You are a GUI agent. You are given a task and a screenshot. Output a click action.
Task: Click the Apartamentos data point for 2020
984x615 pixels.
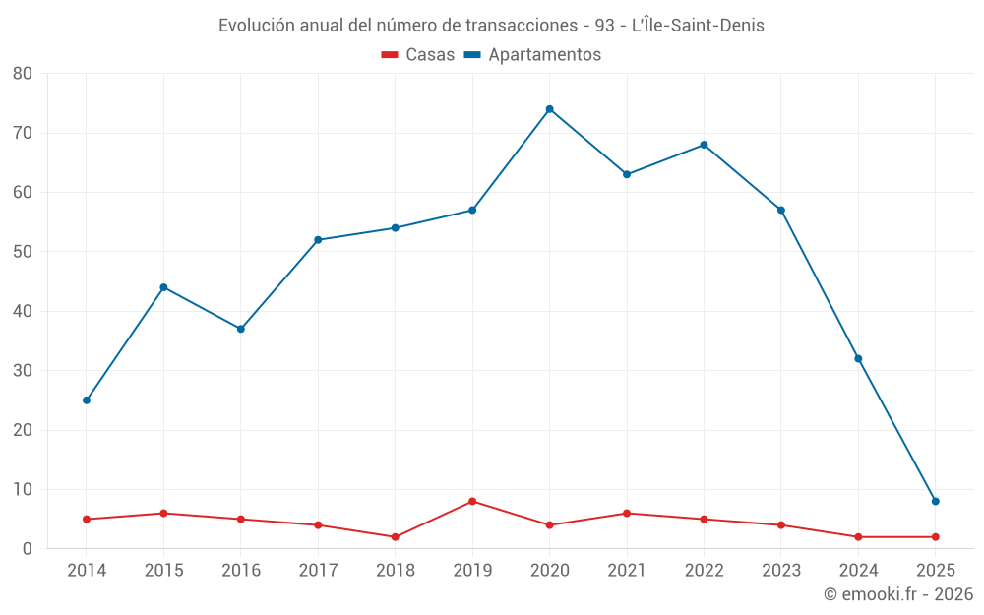549,109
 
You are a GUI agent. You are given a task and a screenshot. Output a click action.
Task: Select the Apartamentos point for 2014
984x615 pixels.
87,400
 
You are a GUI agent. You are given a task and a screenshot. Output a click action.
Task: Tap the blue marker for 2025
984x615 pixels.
935,502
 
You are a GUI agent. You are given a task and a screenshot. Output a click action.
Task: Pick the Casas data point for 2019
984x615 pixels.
472,502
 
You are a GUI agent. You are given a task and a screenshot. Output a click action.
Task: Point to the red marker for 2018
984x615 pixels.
396,537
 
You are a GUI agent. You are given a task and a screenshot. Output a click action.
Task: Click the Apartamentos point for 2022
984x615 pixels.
704,145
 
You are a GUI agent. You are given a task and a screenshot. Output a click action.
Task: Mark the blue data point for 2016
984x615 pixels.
241,329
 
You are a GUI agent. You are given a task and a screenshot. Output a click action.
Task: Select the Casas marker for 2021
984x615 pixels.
627,514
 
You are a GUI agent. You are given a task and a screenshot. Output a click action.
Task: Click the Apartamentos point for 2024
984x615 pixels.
858,359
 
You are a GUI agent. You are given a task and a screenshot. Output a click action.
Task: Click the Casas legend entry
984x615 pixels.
418,55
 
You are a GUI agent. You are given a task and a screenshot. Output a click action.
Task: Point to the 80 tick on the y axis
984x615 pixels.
23,74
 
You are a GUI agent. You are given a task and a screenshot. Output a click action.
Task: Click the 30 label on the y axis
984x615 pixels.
23,371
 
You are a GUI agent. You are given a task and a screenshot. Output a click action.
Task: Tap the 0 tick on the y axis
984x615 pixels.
28,549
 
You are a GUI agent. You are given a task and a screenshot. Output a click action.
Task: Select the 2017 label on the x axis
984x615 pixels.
318,571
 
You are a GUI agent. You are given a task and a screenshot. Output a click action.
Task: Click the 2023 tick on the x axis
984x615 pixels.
781,571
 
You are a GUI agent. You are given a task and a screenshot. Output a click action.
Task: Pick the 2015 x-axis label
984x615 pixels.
163,571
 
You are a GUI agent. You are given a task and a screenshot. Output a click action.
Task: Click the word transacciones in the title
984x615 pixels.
526,26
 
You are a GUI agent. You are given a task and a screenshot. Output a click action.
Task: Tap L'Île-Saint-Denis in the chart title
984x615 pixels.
698,26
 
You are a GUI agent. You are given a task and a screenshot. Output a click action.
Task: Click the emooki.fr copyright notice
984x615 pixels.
897,594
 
